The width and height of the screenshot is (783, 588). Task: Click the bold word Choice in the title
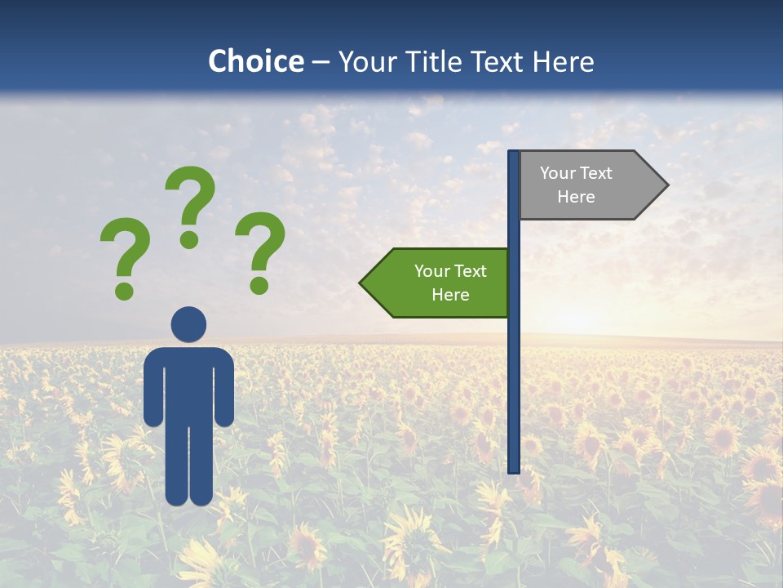[255, 61]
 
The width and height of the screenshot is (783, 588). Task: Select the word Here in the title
[563, 61]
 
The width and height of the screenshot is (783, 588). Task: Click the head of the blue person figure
[188, 324]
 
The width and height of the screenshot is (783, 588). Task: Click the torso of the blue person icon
[188, 384]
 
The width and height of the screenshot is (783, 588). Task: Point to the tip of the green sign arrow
[362, 283]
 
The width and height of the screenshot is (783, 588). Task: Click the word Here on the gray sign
[576, 197]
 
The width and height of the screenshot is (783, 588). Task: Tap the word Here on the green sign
[450, 295]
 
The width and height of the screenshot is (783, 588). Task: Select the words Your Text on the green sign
[450, 271]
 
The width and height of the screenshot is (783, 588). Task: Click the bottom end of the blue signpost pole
[514, 469]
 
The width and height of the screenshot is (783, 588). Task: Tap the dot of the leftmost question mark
[124, 290]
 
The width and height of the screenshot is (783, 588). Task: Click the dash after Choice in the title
[321, 63]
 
